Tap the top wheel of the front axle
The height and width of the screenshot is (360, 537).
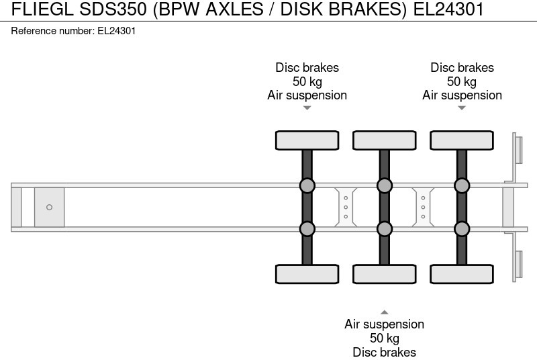[x=307, y=140]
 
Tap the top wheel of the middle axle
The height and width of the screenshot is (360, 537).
[x=384, y=140]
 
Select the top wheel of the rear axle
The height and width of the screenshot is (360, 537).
[x=461, y=140]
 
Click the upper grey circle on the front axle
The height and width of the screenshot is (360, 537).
[x=307, y=185]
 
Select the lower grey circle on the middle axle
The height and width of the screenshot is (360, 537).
[x=384, y=229]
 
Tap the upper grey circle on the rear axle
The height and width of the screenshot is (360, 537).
[x=461, y=185]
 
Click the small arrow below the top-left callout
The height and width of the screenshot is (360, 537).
[x=307, y=107]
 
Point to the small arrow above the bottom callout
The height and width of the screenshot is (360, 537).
[x=384, y=312]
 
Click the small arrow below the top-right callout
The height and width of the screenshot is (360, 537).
[x=462, y=107]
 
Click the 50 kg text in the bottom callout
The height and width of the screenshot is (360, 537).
[x=384, y=338]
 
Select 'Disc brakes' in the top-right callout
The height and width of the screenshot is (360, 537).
[x=462, y=68]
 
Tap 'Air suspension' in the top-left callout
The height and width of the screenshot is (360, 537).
[x=307, y=95]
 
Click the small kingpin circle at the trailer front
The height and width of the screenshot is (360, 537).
[x=49, y=207]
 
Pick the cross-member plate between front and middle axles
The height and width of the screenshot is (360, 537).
[x=345, y=207]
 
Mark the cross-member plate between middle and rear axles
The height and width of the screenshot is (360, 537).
[x=423, y=207]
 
